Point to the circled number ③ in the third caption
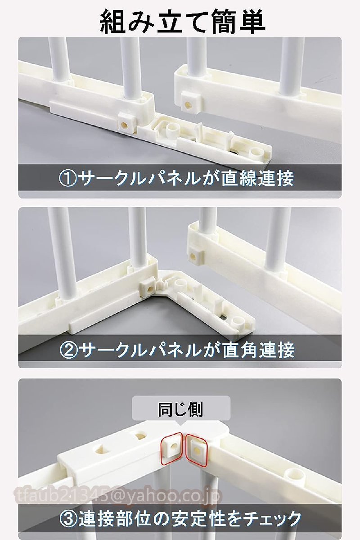(x=69, y=519)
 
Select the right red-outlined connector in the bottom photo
(x=198, y=449)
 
